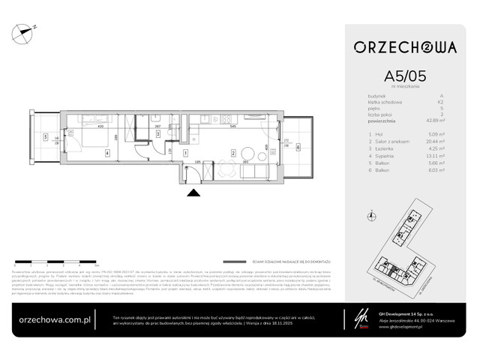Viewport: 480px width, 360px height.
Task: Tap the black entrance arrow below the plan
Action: [193, 193]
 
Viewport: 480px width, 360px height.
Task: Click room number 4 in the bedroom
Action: [106, 154]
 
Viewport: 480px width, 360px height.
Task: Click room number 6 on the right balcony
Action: [297, 147]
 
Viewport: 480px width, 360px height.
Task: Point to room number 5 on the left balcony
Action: [45, 137]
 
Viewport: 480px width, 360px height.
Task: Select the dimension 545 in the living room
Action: [234, 127]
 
